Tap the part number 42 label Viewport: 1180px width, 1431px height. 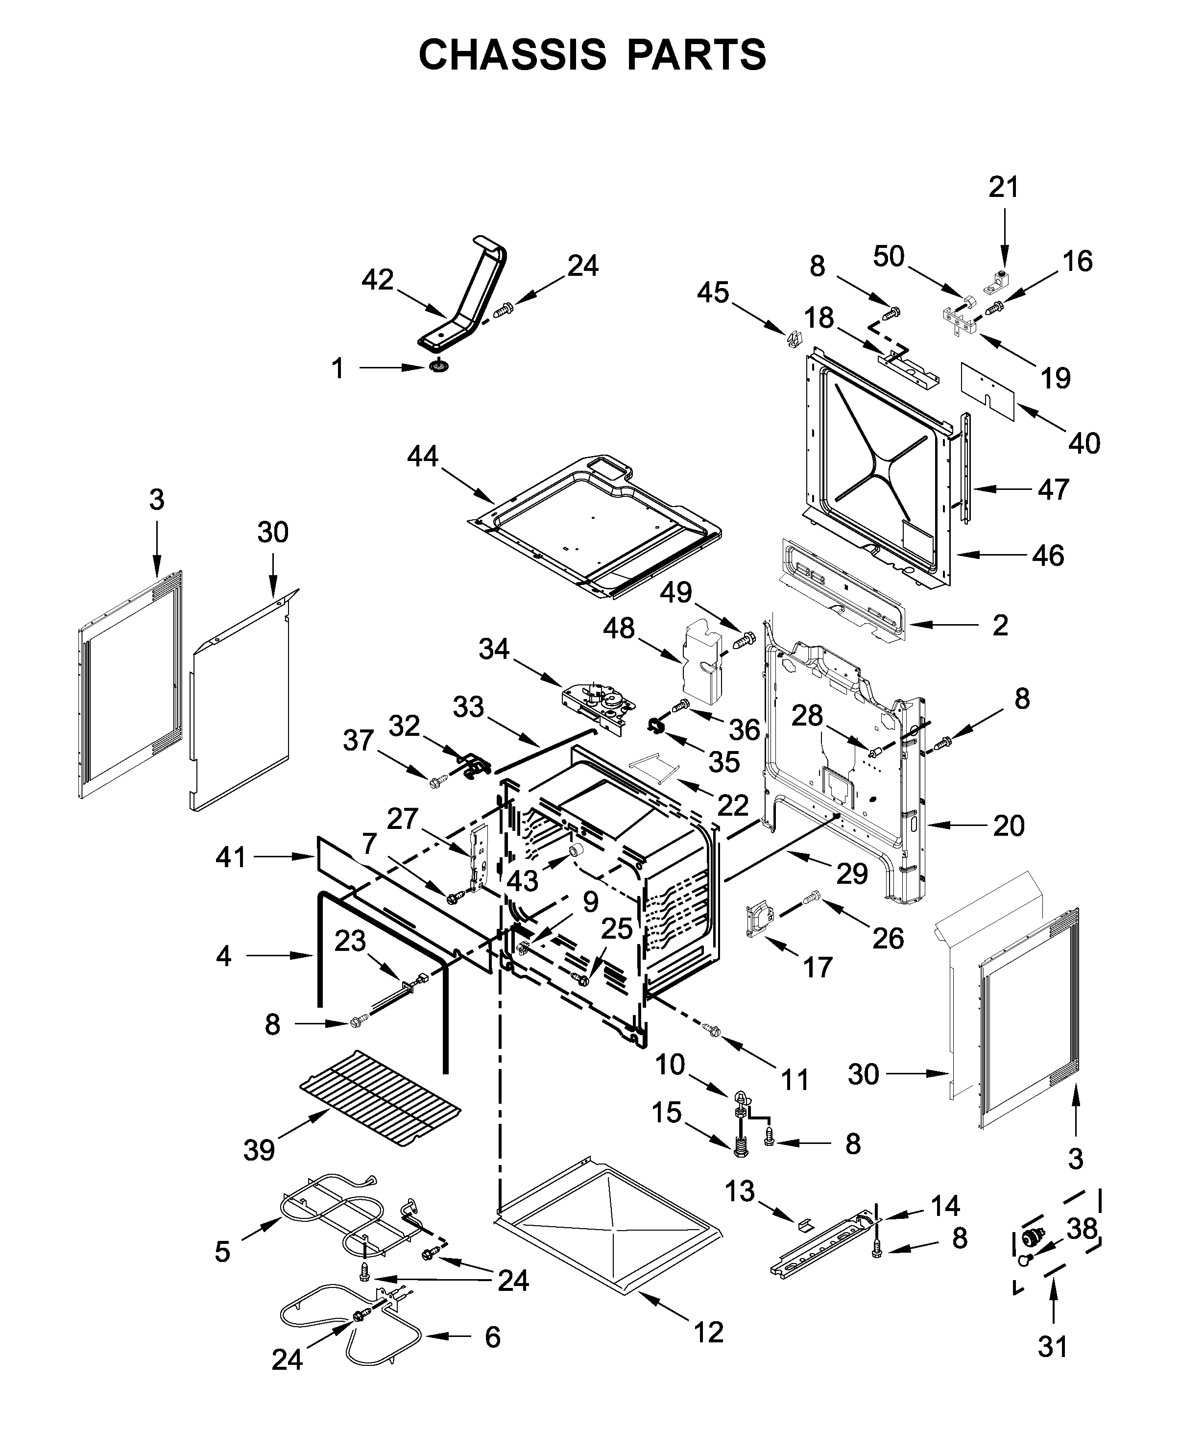377,279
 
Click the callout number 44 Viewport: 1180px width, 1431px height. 422,456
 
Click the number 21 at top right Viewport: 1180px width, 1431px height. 1004,187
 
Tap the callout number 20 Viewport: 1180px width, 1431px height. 1009,825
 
